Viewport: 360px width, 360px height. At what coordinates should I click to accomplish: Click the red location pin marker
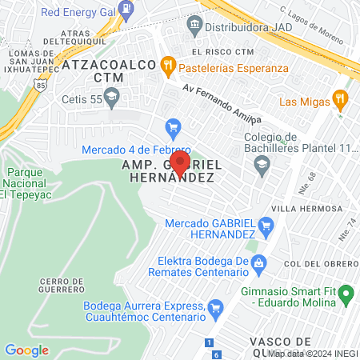point(181,162)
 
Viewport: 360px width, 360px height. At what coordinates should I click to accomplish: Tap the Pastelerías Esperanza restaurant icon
point(168,67)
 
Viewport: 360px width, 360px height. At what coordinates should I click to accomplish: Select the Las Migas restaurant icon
point(340,100)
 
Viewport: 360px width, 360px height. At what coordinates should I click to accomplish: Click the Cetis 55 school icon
point(111,99)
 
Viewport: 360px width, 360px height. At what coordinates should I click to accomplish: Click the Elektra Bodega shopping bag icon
point(258,262)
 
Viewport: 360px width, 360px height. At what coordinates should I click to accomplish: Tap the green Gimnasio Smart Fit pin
point(347,295)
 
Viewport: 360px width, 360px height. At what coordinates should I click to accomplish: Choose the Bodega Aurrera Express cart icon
point(214,308)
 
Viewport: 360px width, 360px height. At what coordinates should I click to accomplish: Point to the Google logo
point(26,350)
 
